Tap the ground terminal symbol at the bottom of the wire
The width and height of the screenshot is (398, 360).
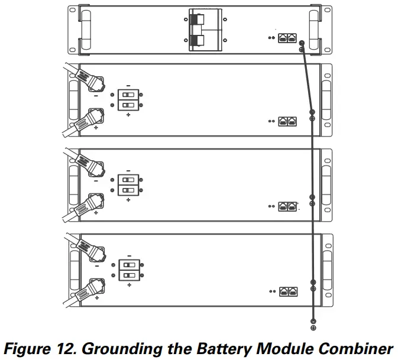(x=313, y=326)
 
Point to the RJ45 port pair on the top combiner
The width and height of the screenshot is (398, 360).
(x=288, y=37)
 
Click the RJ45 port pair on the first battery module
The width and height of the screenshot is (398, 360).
(x=288, y=121)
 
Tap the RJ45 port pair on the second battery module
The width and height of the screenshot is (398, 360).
(x=288, y=206)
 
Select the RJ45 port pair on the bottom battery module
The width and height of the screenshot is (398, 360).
(x=288, y=291)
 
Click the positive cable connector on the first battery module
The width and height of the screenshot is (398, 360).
(x=93, y=116)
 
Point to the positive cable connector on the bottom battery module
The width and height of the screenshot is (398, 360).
(x=93, y=286)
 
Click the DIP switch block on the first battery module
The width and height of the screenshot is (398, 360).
(x=128, y=100)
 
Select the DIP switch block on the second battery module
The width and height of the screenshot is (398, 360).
(x=128, y=185)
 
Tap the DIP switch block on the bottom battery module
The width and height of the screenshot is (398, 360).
(x=128, y=270)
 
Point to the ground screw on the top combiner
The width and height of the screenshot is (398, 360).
(x=302, y=43)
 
